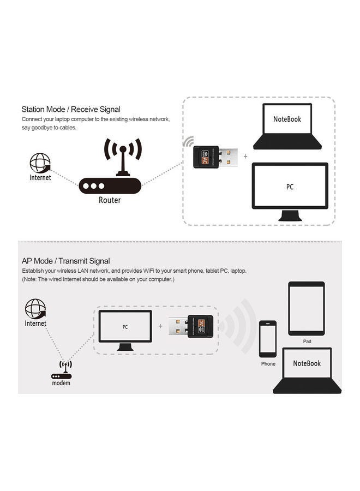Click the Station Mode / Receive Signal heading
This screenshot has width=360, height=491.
[71, 109]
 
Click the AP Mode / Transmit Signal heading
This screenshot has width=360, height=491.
[65, 261]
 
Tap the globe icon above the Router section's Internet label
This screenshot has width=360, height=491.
[40, 163]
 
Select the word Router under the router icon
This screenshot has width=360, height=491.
[110, 200]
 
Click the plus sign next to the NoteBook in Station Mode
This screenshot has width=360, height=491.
[245, 156]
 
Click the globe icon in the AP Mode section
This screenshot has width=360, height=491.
[35, 309]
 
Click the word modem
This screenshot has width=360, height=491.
[61, 383]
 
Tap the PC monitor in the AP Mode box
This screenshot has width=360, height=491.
[125, 330]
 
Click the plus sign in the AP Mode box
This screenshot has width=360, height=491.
[160, 326]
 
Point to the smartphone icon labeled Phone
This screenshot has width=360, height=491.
[268, 338]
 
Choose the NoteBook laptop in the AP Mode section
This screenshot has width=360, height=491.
[307, 370]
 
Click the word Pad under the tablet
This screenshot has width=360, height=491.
[307, 341]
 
